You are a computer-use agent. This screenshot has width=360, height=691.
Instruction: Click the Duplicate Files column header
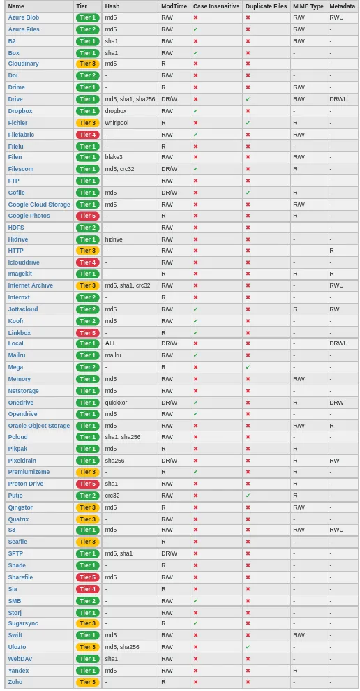266,6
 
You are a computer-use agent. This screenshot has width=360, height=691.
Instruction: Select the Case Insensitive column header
216,6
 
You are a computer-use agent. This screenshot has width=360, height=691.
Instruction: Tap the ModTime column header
174,6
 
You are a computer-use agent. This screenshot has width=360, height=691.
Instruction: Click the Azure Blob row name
23,17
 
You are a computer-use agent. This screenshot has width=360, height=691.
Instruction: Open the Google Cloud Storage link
39,205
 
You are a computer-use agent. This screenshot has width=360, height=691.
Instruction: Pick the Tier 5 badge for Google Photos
88,216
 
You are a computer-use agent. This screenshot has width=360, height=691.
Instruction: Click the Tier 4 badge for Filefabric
88,134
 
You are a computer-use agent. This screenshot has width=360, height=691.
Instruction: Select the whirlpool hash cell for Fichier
117,123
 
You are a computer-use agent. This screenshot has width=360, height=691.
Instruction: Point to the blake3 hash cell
114,158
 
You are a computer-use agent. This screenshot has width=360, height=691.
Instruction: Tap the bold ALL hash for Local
111,344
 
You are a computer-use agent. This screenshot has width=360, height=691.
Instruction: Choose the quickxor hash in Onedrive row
116,403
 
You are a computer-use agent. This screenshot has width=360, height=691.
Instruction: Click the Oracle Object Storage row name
39,426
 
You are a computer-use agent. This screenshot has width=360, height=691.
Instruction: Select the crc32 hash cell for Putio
112,496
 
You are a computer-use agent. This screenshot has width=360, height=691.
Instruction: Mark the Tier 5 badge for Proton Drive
88,484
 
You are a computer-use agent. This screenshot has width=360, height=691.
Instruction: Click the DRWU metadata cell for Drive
338,99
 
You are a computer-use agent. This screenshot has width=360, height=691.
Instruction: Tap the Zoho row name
15,682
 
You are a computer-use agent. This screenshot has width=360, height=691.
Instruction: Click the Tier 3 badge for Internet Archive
88,285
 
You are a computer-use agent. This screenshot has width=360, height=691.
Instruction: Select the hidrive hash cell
114,239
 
